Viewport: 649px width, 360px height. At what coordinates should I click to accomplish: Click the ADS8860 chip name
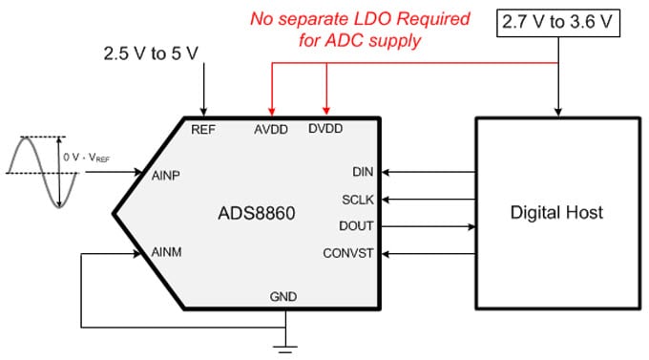[255, 213]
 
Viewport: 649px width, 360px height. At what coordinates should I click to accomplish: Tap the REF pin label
[203, 128]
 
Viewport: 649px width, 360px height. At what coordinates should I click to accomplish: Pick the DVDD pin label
[327, 128]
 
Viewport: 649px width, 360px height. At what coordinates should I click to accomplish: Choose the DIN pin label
[363, 173]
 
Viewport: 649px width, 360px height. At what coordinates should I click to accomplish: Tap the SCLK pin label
[358, 200]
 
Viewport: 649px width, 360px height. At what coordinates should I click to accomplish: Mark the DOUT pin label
[357, 226]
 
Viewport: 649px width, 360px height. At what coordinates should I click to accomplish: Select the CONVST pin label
[349, 254]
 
